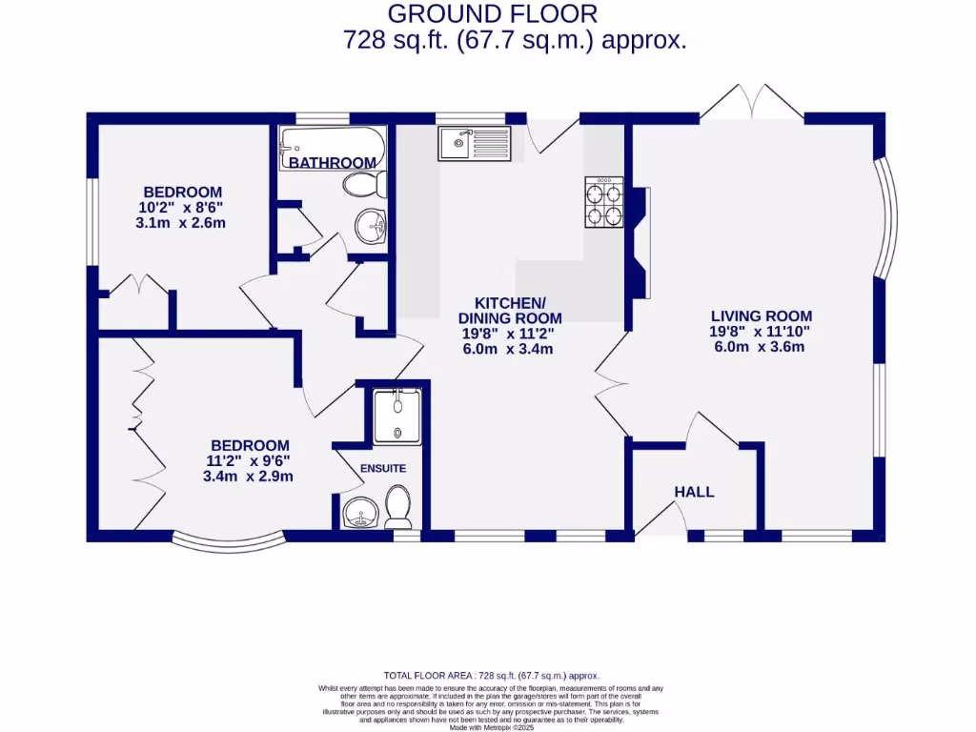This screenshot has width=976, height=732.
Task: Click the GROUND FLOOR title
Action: tap(493, 13)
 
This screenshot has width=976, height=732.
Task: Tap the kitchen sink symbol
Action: tap(475, 145)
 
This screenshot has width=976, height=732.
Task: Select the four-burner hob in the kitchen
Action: tap(603, 203)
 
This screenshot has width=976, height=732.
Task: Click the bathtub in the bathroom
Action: tap(333, 149)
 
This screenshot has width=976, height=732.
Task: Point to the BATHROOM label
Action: tap(333, 163)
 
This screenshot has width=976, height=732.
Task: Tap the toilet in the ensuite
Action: tap(397, 507)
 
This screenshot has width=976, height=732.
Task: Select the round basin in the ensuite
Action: tap(360, 513)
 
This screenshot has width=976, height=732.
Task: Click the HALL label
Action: tap(694, 492)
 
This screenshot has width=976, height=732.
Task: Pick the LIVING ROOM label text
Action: tap(761, 315)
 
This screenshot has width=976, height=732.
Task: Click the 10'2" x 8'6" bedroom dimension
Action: tap(181, 208)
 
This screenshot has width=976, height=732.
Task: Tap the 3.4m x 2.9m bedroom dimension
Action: tap(248, 477)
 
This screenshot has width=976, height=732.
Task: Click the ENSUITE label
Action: tap(382, 468)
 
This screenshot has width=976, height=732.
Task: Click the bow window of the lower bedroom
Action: tap(228, 543)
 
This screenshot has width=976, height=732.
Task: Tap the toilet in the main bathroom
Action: tap(361, 183)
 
